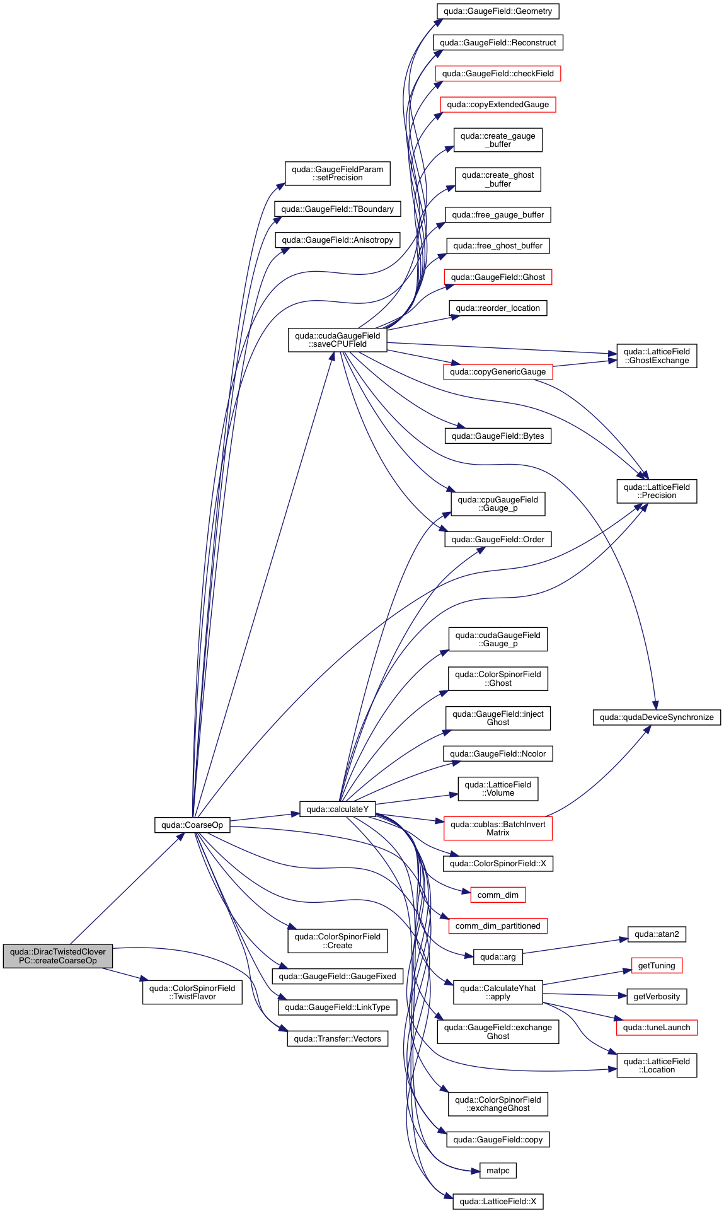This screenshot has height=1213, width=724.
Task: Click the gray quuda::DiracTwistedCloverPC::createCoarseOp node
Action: pyautogui.click(x=58, y=956)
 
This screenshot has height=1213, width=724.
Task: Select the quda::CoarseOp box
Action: pyautogui.click(x=192, y=825)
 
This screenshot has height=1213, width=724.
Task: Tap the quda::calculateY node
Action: pyautogui.click(x=338, y=809)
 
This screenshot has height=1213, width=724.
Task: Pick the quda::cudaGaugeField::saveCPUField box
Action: pyautogui.click(x=338, y=340)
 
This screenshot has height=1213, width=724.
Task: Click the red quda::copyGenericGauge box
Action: pyautogui.click(x=498, y=372)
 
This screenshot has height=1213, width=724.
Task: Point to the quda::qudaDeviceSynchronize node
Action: pyautogui.click(x=657, y=717)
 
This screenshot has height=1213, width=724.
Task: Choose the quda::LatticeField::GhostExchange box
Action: pyautogui.click(x=657, y=356)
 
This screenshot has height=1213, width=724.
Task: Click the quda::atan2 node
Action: pyautogui.click(x=657, y=934)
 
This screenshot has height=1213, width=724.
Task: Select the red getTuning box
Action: pyautogui.click(x=657, y=965)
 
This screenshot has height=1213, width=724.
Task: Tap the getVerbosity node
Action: pyautogui.click(x=657, y=996)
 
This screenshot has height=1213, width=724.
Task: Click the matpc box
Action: pyautogui.click(x=498, y=1171)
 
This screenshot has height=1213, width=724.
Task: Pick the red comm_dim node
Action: pyautogui.click(x=498, y=895)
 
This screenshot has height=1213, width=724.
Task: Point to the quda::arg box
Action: pyautogui.click(x=498, y=957)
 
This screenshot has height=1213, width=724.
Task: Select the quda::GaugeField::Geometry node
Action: pyautogui.click(x=498, y=11)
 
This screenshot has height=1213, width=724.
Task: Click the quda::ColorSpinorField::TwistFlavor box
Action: pyautogui.click(x=192, y=992)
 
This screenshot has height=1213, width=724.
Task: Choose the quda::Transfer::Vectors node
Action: pyautogui.click(x=338, y=1038)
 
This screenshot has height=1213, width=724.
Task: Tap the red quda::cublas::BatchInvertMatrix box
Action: pyautogui.click(x=498, y=828)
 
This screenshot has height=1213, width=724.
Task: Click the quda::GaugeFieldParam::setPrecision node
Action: pyautogui.click(x=338, y=173)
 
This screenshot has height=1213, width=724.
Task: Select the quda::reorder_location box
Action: pyautogui.click(x=498, y=308)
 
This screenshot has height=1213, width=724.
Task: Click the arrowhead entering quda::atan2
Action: pyautogui.click(x=624, y=939)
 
